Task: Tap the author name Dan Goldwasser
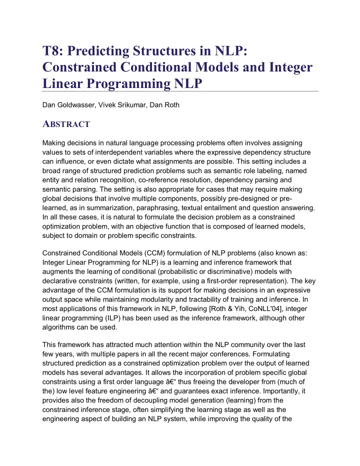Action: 68,105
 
